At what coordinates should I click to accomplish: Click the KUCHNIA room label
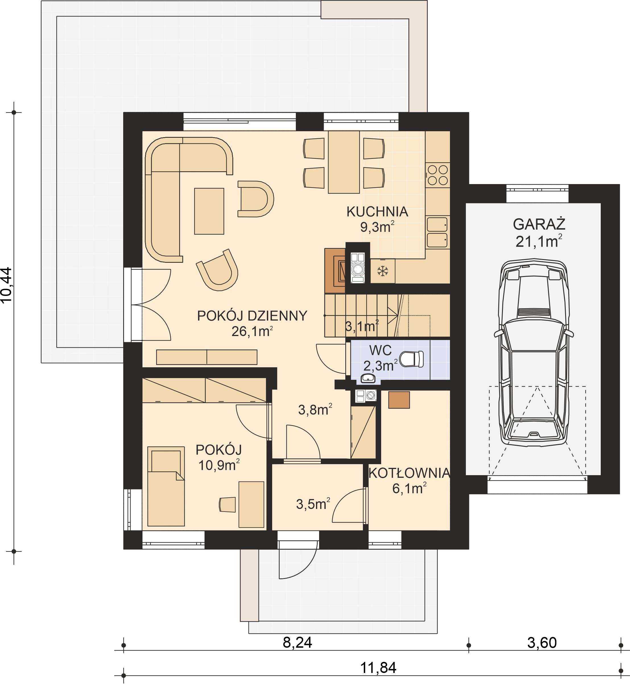[377, 212]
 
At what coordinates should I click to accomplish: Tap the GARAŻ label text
[539, 224]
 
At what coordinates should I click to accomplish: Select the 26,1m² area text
[252, 332]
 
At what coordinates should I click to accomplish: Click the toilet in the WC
[412, 359]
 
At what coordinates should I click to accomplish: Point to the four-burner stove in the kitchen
[438, 175]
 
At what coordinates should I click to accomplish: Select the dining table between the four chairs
[344, 162]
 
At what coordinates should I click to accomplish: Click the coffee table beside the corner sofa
[209, 211]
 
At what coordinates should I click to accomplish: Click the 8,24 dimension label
[297, 643]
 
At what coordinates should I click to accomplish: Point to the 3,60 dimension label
[542, 643]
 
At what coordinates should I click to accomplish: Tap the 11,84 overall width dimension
[378, 668]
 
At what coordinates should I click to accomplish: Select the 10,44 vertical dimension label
[7, 285]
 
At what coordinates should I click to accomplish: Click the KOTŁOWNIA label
[409, 473]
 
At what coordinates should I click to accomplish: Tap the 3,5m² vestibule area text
[313, 504]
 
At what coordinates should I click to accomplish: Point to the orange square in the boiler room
[399, 400]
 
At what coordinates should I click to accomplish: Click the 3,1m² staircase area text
[362, 327]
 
